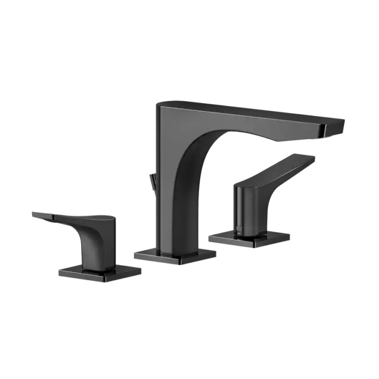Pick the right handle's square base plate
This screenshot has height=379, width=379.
(x=252, y=239)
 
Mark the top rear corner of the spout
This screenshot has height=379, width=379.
(x=154, y=105)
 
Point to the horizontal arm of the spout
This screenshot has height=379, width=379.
(x=249, y=118)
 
